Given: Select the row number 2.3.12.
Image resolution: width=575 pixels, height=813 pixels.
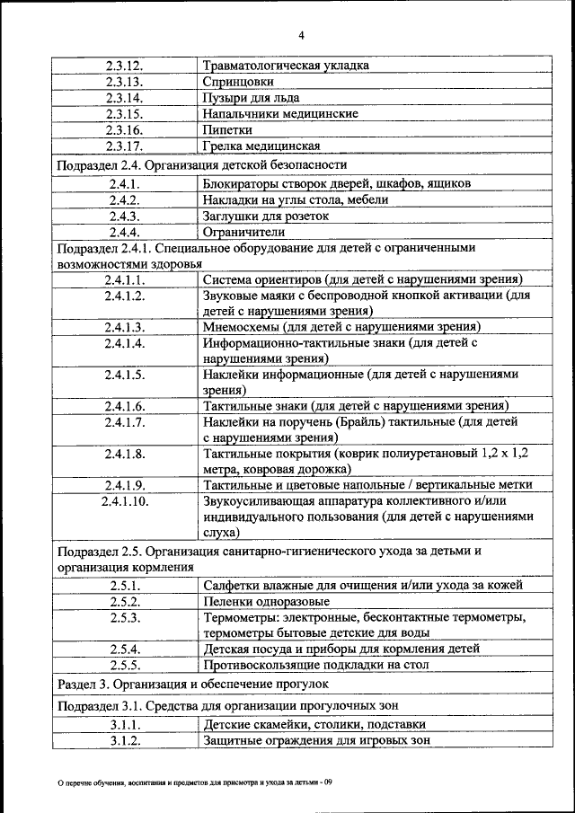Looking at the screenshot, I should pos(124,66).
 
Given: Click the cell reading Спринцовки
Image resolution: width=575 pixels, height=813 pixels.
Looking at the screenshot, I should pos(238,82).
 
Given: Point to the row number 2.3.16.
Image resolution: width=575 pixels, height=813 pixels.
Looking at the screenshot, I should pos(124,130).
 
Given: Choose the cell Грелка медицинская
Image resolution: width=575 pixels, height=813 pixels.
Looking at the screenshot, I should pos(261,146).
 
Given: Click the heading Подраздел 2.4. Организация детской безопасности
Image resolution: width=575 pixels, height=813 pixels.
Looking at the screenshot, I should pos(201,165).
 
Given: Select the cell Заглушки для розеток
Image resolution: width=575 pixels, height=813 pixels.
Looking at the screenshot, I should pos(266,217).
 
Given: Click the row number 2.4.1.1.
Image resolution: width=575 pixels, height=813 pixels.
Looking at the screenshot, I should pos(124,279).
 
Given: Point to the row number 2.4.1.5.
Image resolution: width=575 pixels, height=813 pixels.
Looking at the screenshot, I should pos(124,375).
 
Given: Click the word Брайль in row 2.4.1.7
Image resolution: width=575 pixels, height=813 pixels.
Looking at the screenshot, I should pos(358,421).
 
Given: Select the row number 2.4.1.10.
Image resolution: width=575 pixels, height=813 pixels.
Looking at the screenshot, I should pos(124,500).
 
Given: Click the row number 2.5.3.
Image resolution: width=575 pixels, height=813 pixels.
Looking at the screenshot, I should pos(124,618).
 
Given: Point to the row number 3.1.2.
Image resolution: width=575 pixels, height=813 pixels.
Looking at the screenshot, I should pos(124,741).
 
